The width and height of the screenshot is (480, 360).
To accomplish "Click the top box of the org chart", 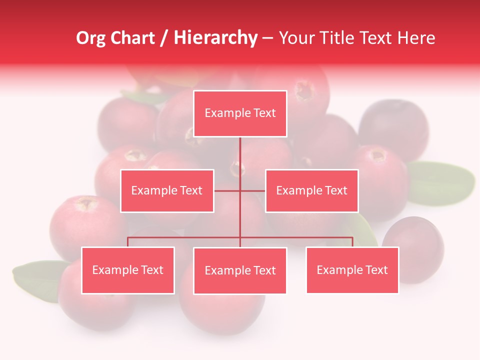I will pos(240,113).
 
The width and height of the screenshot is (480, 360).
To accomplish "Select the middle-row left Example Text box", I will pos(167,190).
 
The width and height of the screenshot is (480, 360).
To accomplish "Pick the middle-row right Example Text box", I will pos(311,190).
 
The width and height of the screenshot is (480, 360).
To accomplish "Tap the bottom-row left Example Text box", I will pos(128,270).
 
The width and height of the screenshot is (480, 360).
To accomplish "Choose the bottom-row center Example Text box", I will pos(240,270).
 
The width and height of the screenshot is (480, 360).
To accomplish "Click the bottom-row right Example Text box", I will pos(352,270).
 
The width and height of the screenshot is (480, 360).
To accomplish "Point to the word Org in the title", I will pos(90,38).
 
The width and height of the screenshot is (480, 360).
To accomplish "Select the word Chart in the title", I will pos(132,38).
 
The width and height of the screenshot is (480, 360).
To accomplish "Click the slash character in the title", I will pos(164,38).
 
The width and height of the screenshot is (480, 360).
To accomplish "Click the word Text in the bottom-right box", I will pos(376,270).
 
